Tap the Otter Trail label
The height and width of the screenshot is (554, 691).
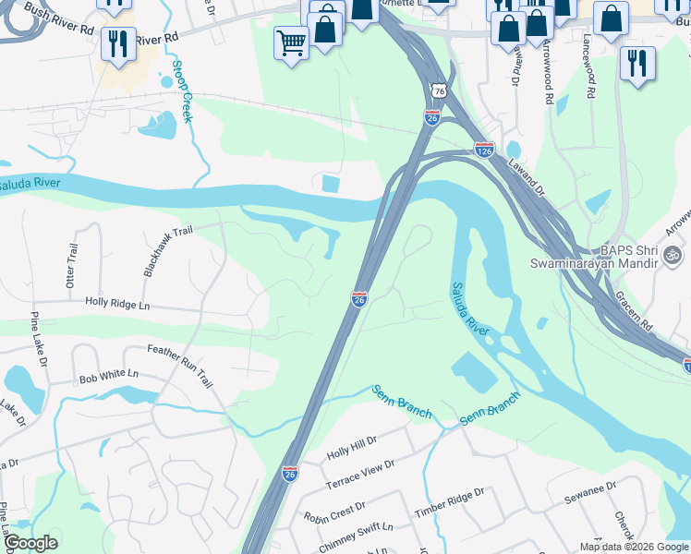point(72,266)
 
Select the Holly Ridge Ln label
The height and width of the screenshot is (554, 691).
point(116,303)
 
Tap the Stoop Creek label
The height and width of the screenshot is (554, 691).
point(182,92)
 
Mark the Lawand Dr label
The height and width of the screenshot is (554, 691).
point(527,175)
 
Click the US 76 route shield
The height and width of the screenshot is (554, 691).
point(439,90)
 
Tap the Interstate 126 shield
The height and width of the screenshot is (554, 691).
point(484,149)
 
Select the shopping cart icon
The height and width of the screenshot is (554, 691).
point(291,42)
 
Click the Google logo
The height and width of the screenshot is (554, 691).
point(30,542)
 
